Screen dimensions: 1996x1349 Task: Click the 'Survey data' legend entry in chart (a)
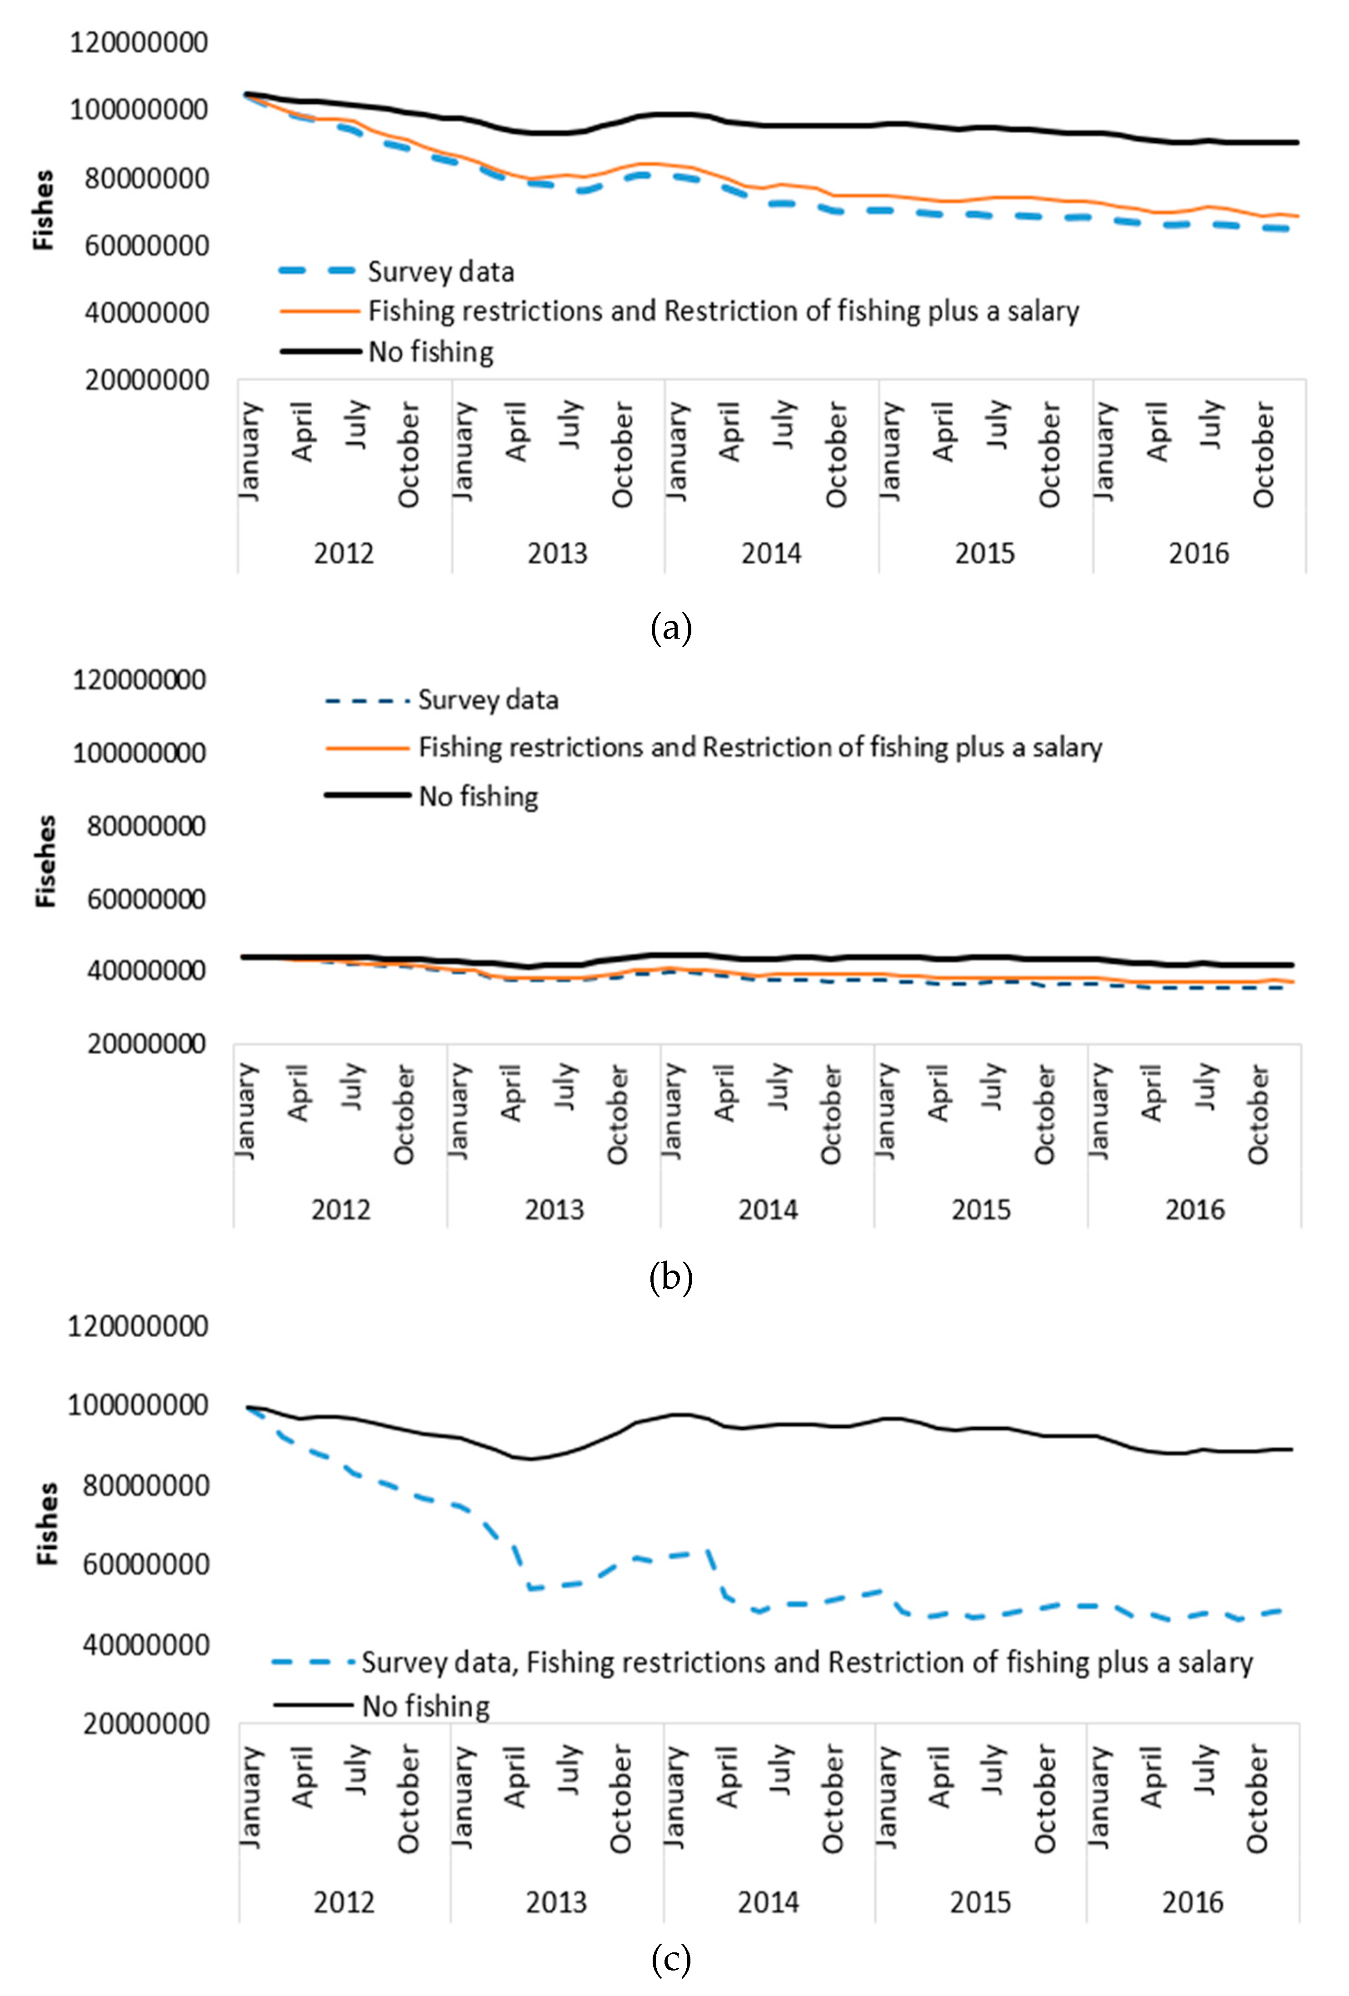tap(440, 271)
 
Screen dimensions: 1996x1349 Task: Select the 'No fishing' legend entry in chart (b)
tap(477, 796)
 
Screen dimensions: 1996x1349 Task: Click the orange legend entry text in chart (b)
tap(760, 747)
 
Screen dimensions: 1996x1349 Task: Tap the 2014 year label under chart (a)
tap(770, 553)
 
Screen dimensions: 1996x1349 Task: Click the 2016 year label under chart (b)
tap(1194, 1210)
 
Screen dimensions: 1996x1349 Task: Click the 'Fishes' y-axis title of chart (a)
tap(43, 210)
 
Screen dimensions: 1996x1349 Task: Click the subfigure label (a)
tap(670, 629)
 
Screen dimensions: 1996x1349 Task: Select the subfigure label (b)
tap(670, 1277)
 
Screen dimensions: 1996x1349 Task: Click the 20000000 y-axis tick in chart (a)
tap(146, 380)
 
